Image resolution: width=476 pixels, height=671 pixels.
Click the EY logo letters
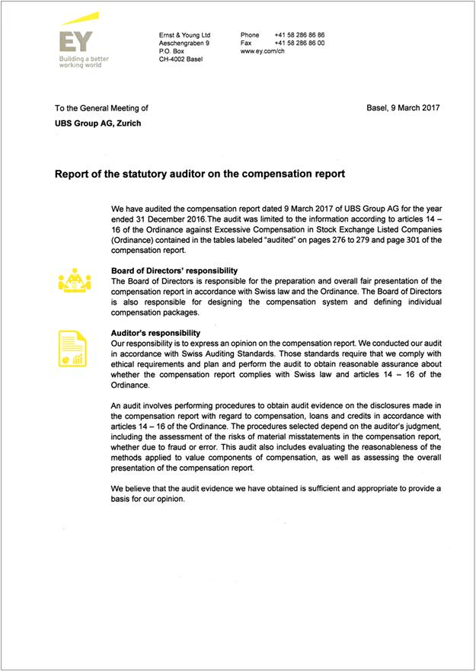pyautogui.click(x=76, y=42)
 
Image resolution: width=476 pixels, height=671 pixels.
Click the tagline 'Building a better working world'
pyautogui.click(x=83, y=62)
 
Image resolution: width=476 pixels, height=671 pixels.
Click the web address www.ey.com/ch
pyautogui.click(x=263, y=52)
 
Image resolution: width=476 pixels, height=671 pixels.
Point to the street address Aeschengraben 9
pyautogui.click(x=184, y=43)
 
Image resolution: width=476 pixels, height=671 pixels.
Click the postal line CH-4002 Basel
pyautogui.click(x=181, y=59)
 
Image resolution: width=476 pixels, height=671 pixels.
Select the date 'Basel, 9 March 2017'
pyautogui.click(x=403, y=108)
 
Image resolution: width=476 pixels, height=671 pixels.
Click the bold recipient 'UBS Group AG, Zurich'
pyautogui.click(x=93, y=123)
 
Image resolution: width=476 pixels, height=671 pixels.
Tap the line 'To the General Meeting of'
pyautogui.click(x=96, y=108)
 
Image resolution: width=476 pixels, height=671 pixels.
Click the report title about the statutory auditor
pyautogui.click(x=200, y=174)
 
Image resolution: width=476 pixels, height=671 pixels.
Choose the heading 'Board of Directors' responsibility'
pyautogui.click(x=174, y=271)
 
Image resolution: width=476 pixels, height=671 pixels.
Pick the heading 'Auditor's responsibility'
pyautogui.click(x=155, y=333)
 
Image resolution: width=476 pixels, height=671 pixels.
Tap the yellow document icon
pyautogui.click(x=73, y=347)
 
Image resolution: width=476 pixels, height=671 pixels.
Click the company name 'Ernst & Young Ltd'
pyautogui.click(x=184, y=35)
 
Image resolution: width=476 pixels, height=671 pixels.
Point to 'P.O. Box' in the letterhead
pyautogui.click(x=171, y=51)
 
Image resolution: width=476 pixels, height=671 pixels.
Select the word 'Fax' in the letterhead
pyautogui.click(x=245, y=43)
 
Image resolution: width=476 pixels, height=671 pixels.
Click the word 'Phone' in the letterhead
pyautogui.click(x=250, y=35)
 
